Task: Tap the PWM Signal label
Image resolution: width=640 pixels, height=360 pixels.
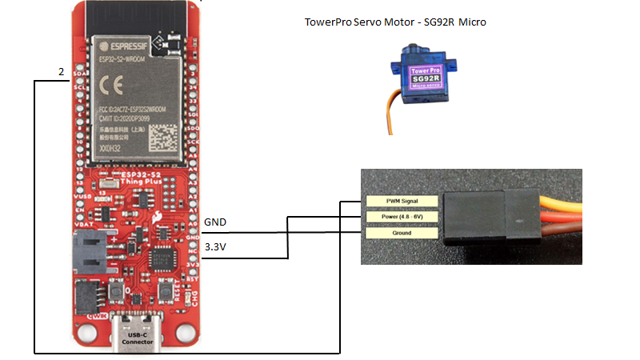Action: (x=402, y=201)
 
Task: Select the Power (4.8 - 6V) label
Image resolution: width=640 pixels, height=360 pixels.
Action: (x=402, y=217)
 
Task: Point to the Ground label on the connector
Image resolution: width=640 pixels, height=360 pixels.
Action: (x=402, y=233)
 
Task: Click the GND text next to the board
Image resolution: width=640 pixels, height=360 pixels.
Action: (x=215, y=222)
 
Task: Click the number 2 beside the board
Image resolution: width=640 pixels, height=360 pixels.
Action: (x=61, y=72)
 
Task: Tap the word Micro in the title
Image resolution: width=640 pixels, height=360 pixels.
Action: (x=471, y=22)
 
